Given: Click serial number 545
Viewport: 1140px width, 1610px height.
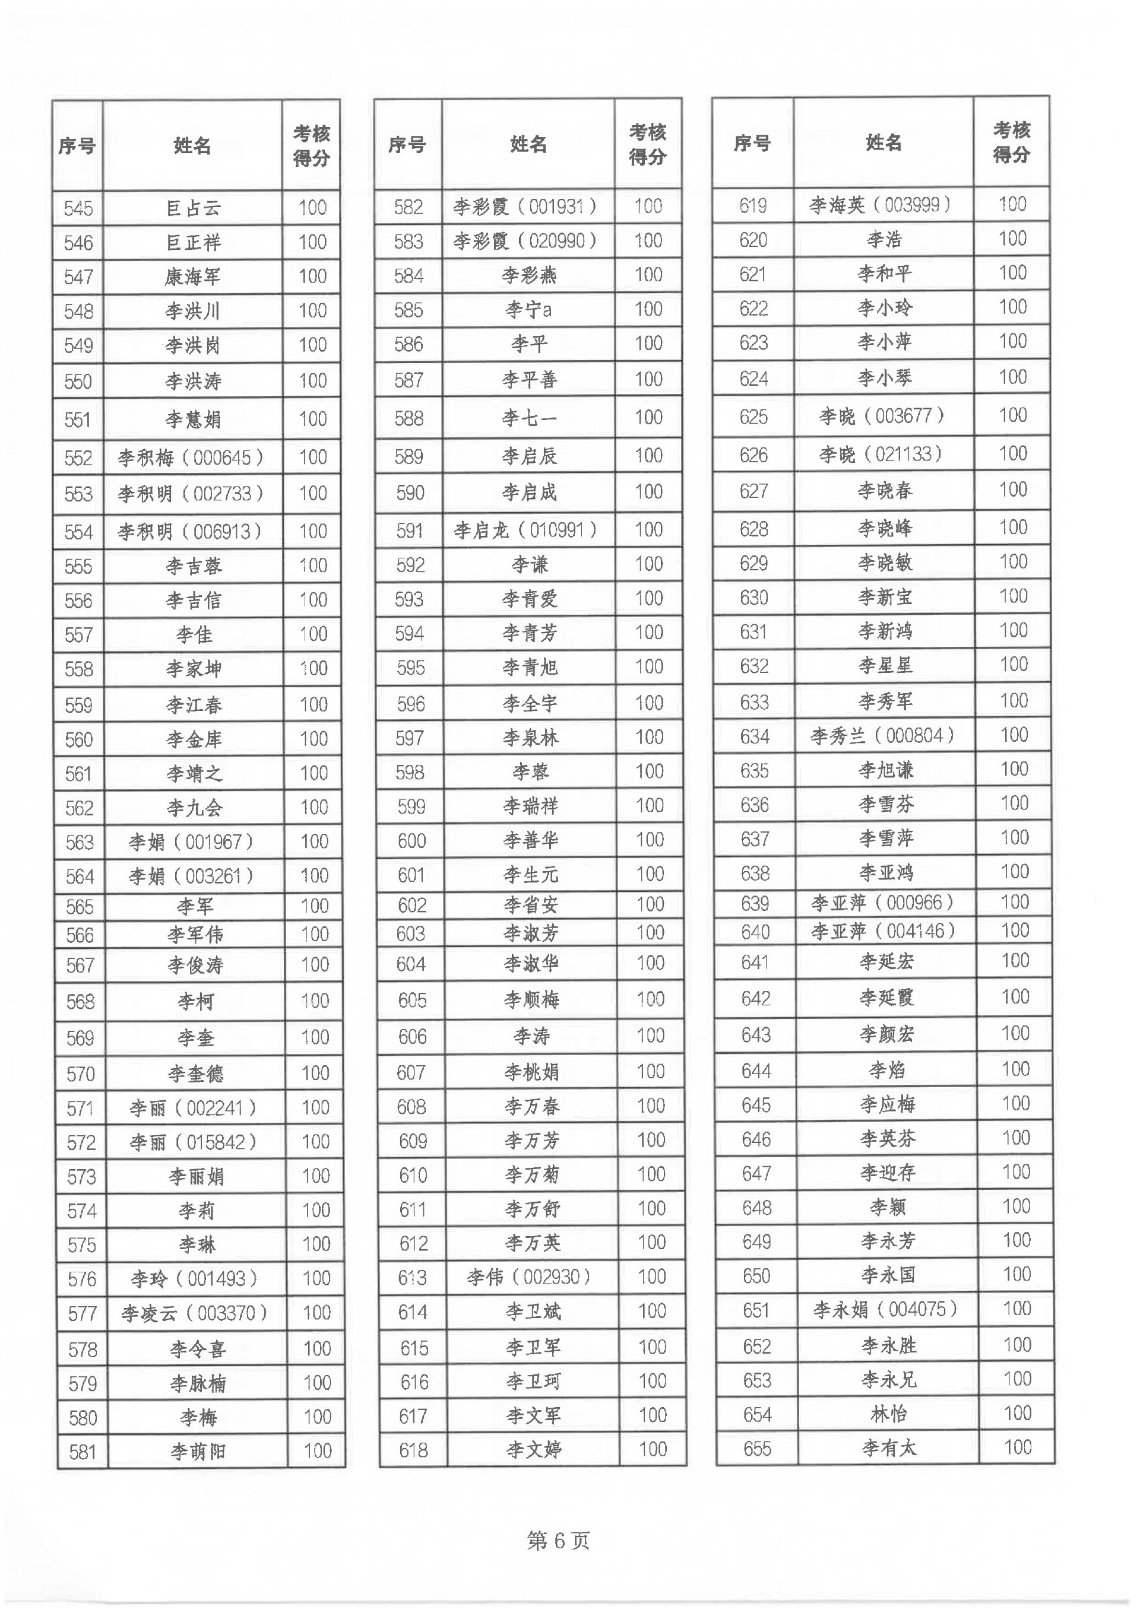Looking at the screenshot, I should click(78, 208).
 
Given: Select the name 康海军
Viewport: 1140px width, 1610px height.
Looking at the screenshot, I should click(192, 277).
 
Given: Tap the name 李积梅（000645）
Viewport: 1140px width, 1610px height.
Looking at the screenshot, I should click(191, 458).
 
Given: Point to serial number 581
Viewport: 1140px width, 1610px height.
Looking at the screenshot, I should click(82, 1451).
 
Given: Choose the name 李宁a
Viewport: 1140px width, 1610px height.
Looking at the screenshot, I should click(528, 309).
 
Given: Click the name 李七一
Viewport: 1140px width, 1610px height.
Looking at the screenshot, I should click(528, 418).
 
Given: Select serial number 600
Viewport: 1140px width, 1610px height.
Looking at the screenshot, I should click(411, 840).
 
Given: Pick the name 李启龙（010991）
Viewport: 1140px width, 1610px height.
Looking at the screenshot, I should click(526, 530).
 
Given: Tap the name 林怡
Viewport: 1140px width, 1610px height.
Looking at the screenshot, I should click(888, 1414).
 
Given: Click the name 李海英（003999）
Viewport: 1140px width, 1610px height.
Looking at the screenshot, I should click(881, 205).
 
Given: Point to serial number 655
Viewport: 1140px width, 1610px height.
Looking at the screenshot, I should click(756, 1448).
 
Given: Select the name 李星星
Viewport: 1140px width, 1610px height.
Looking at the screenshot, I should click(885, 665).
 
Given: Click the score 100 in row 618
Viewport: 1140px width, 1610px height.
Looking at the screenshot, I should click(652, 1449).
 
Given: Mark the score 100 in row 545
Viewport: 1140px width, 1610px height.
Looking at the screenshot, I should click(312, 208).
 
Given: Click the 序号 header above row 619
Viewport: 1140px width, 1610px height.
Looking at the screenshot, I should click(752, 143).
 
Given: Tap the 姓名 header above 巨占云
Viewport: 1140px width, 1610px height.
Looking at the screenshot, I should click(192, 146).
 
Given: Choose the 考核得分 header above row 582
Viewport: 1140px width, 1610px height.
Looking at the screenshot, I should click(647, 144).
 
